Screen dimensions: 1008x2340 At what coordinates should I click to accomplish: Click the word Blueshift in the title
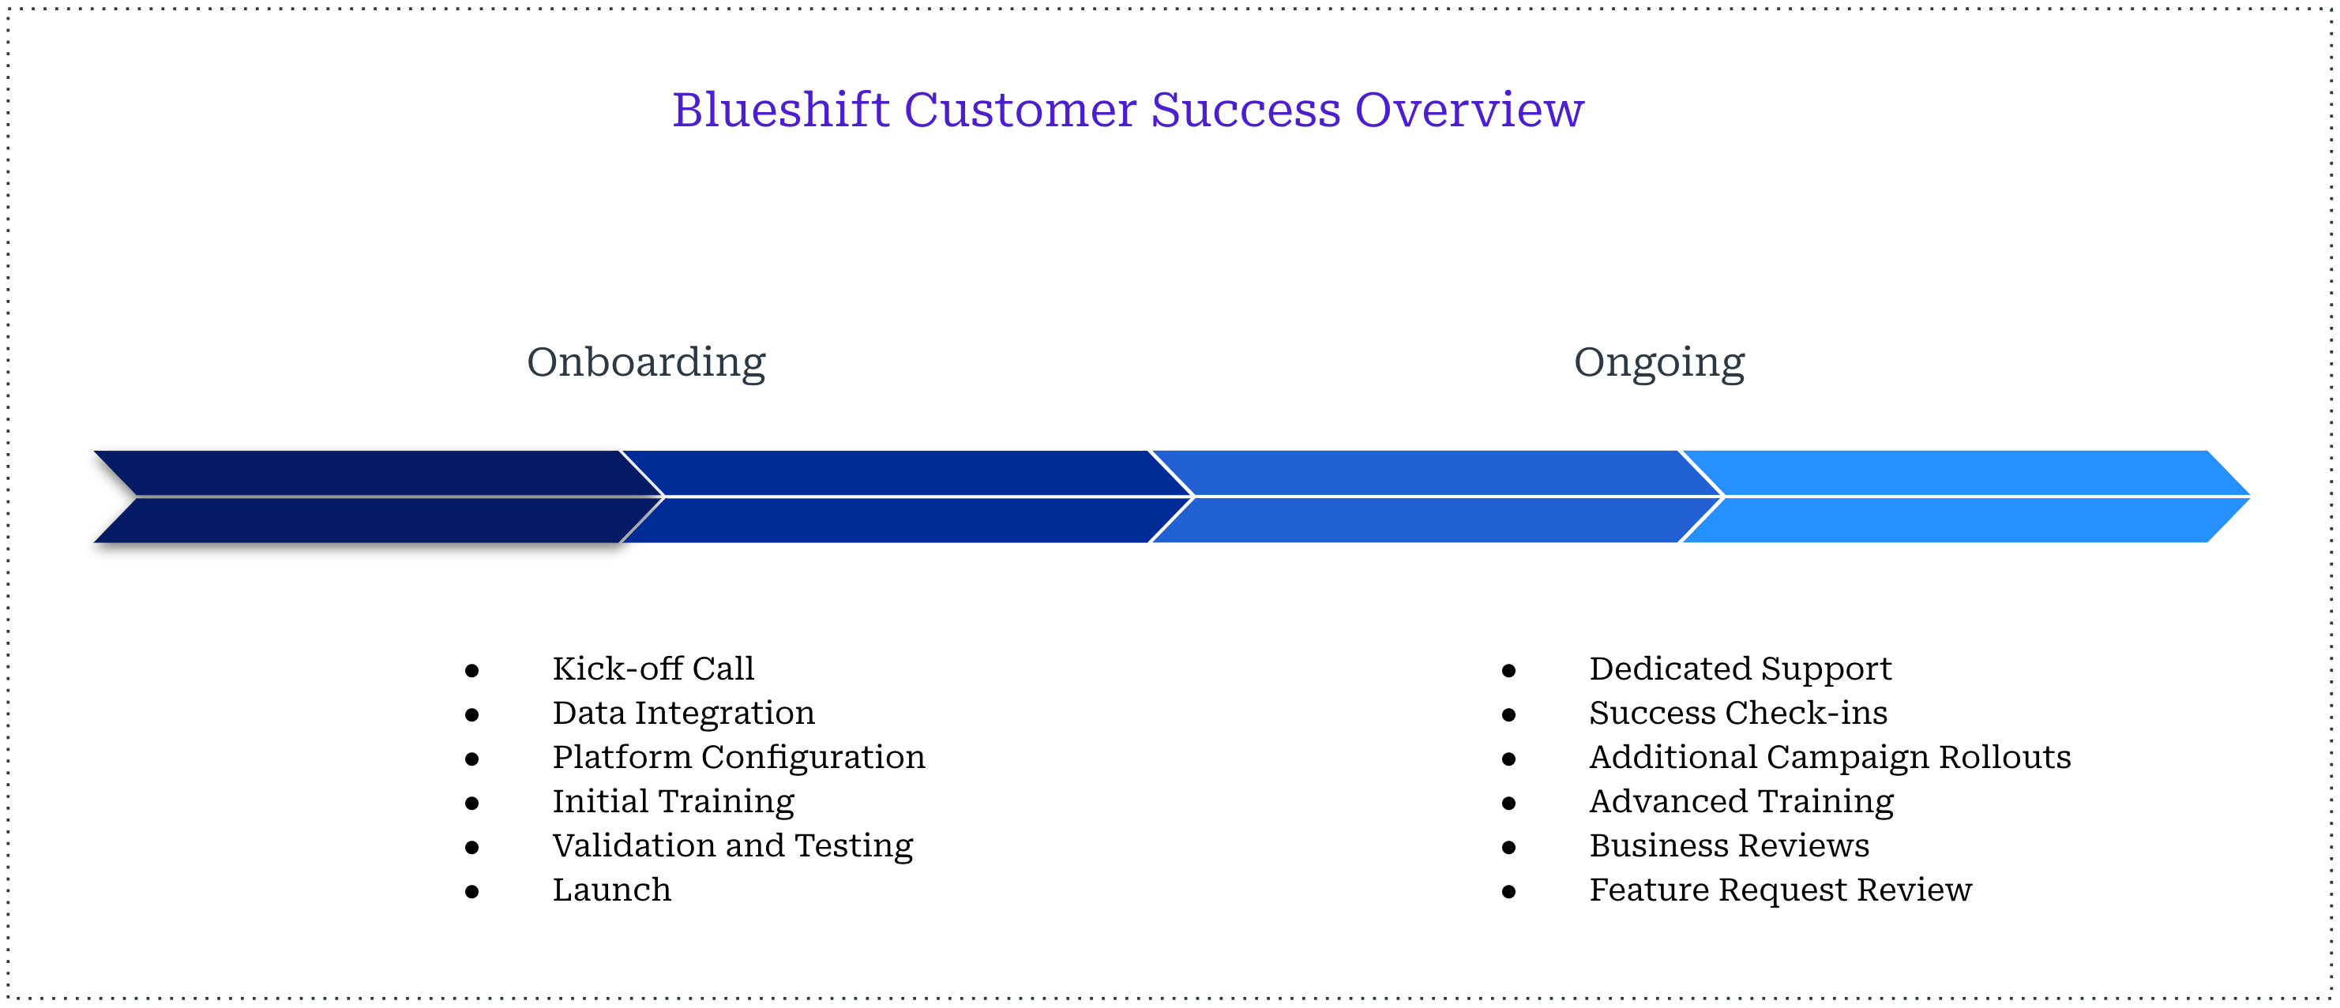(780, 111)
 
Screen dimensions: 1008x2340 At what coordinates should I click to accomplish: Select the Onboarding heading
(646, 362)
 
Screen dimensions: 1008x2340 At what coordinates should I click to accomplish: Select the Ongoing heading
(1658, 362)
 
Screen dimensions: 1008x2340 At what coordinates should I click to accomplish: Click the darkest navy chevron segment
(363, 496)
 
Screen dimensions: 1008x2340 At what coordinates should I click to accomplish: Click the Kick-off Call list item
(653, 669)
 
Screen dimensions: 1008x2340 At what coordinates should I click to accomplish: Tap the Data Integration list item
(683, 714)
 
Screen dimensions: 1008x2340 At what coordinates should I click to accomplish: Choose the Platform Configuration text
(738, 757)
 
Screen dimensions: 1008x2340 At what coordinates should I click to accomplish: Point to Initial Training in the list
(673, 802)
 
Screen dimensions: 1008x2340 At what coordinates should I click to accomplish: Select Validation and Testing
(732, 846)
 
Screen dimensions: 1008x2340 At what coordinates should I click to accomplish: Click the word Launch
(611, 890)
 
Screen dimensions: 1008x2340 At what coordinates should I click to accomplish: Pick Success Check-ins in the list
(1737, 714)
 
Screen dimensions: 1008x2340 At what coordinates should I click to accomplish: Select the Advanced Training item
(1741, 802)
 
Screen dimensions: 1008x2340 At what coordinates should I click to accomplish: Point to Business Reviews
(1729, 846)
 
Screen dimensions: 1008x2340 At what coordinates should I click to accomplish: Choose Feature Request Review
(1779, 890)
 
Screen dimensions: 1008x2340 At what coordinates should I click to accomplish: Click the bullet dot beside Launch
(471, 893)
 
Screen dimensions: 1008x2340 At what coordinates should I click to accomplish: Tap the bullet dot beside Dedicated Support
(1509, 672)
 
